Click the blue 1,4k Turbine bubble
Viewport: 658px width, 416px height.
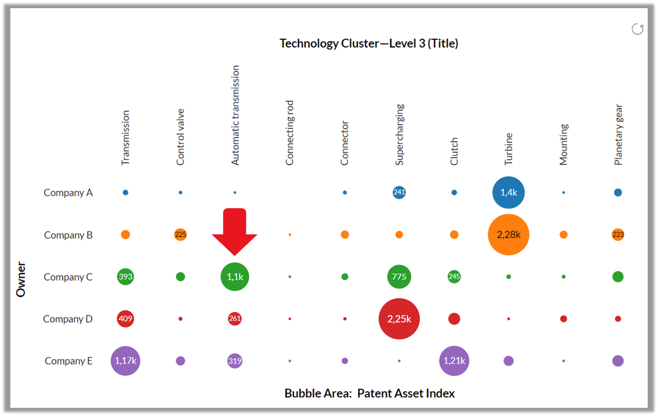pyautogui.click(x=508, y=192)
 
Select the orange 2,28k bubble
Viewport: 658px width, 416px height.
pyautogui.click(x=508, y=234)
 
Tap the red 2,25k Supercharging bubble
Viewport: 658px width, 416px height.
pyautogui.click(x=399, y=319)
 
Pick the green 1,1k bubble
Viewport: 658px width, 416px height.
pyautogui.click(x=235, y=277)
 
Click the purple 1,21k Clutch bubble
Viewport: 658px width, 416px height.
pyautogui.click(x=454, y=361)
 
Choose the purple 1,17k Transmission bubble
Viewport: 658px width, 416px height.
pyautogui.click(x=125, y=361)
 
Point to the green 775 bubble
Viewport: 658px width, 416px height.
pyautogui.click(x=399, y=277)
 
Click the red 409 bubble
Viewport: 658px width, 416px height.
pyautogui.click(x=125, y=319)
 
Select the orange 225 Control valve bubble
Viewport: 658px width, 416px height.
pyautogui.click(x=180, y=234)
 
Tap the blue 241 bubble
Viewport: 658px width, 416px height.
pyautogui.click(x=399, y=192)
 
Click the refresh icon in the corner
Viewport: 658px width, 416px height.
pyautogui.click(x=637, y=29)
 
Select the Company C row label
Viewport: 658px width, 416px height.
pyautogui.click(x=68, y=277)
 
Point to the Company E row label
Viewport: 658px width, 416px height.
pyautogui.click(x=68, y=361)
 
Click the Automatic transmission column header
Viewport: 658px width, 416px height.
pyautogui.click(x=235, y=115)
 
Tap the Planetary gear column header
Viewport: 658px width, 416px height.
pyautogui.click(x=618, y=135)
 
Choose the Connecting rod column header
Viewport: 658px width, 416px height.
pyautogui.click(x=289, y=133)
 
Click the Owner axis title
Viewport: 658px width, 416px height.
pyautogui.click(x=21, y=280)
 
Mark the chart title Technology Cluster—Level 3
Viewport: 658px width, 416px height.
pyautogui.click(x=369, y=43)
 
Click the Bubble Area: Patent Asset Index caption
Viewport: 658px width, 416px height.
pyautogui.click(x=369, y=393)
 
